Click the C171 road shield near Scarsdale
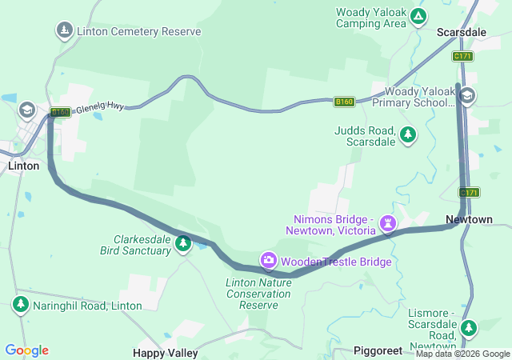pyautogui.click(x=462, y=56)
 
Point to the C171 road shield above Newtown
pyautogui.click(x=469, y=193)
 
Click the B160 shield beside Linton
pyautogui.click(x=59, y=113)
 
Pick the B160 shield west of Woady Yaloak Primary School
pyautogui.click(x=344, y=102)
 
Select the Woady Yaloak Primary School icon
pyautogui.click(x=467, y=96)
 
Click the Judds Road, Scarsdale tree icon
pyautogui.click(x=409, y=134)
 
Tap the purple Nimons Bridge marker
pyautogui.click(x=389, y=222)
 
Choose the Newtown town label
pyautogui.click(x=469, y=219)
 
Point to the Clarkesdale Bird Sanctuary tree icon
pyautogui.click(x=183, y=242)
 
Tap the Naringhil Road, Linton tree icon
pyautogui.click(x=20, y=304)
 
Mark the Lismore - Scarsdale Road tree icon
pyautogui.click(x=469, y=326)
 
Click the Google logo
pyautogui.click(x=26, y=350)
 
